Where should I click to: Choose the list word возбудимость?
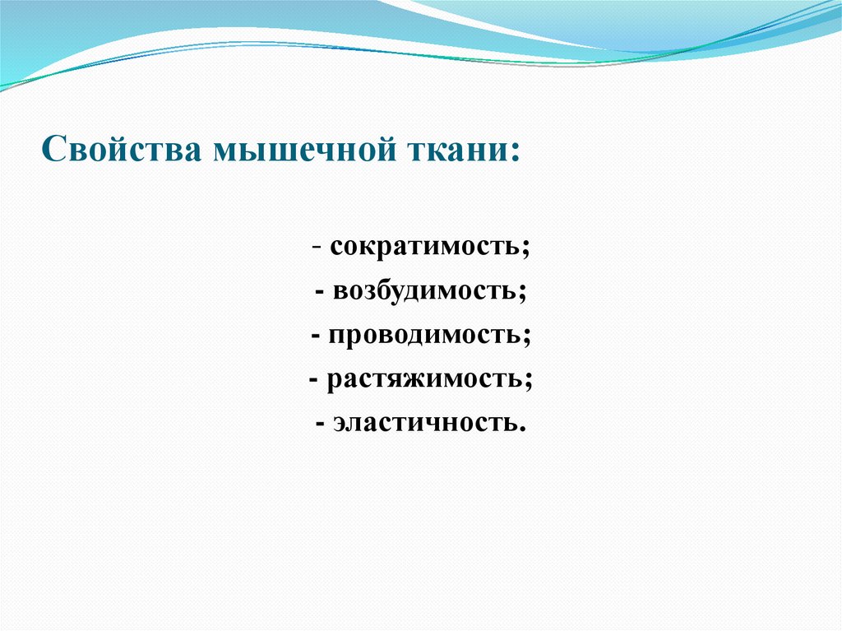(x=426, y=292)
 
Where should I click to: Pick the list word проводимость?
(x=426, y=336)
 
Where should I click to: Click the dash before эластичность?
(x=320, y=424)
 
